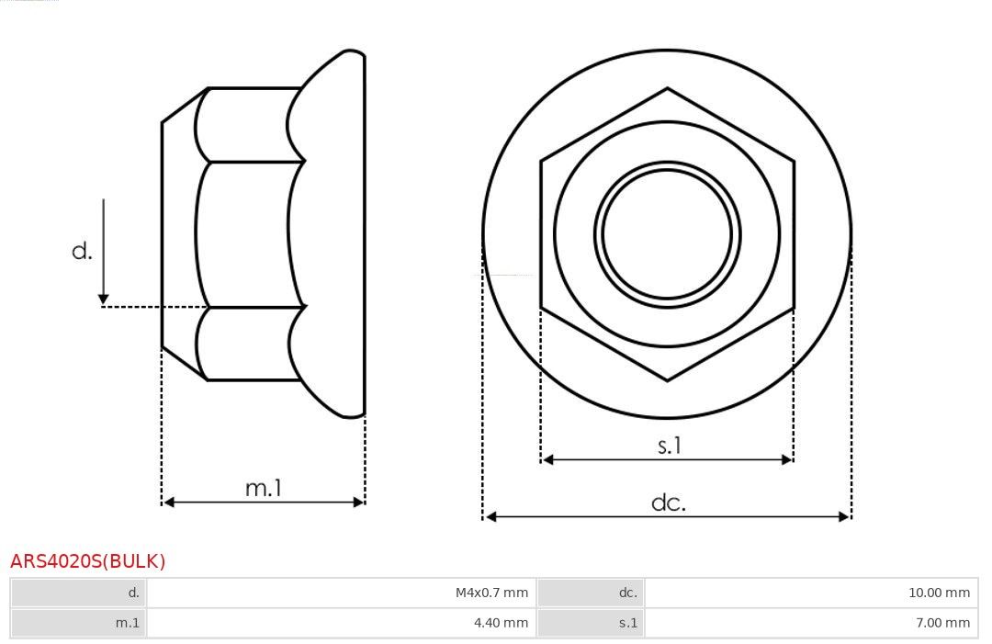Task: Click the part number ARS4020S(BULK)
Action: tap(87, 561)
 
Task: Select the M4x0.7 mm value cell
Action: tap(341, 593)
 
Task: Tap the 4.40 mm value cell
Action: tap(341, 623)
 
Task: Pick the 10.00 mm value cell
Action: tap(811, 593)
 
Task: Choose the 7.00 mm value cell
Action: tap(811, 623)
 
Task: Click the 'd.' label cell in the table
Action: tap(78, 593)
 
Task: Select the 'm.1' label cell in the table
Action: tap(78, 623)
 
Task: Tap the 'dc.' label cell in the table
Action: tap(591, 593)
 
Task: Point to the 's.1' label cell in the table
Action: tap(591, 623)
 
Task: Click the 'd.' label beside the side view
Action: tap(83, 251)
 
